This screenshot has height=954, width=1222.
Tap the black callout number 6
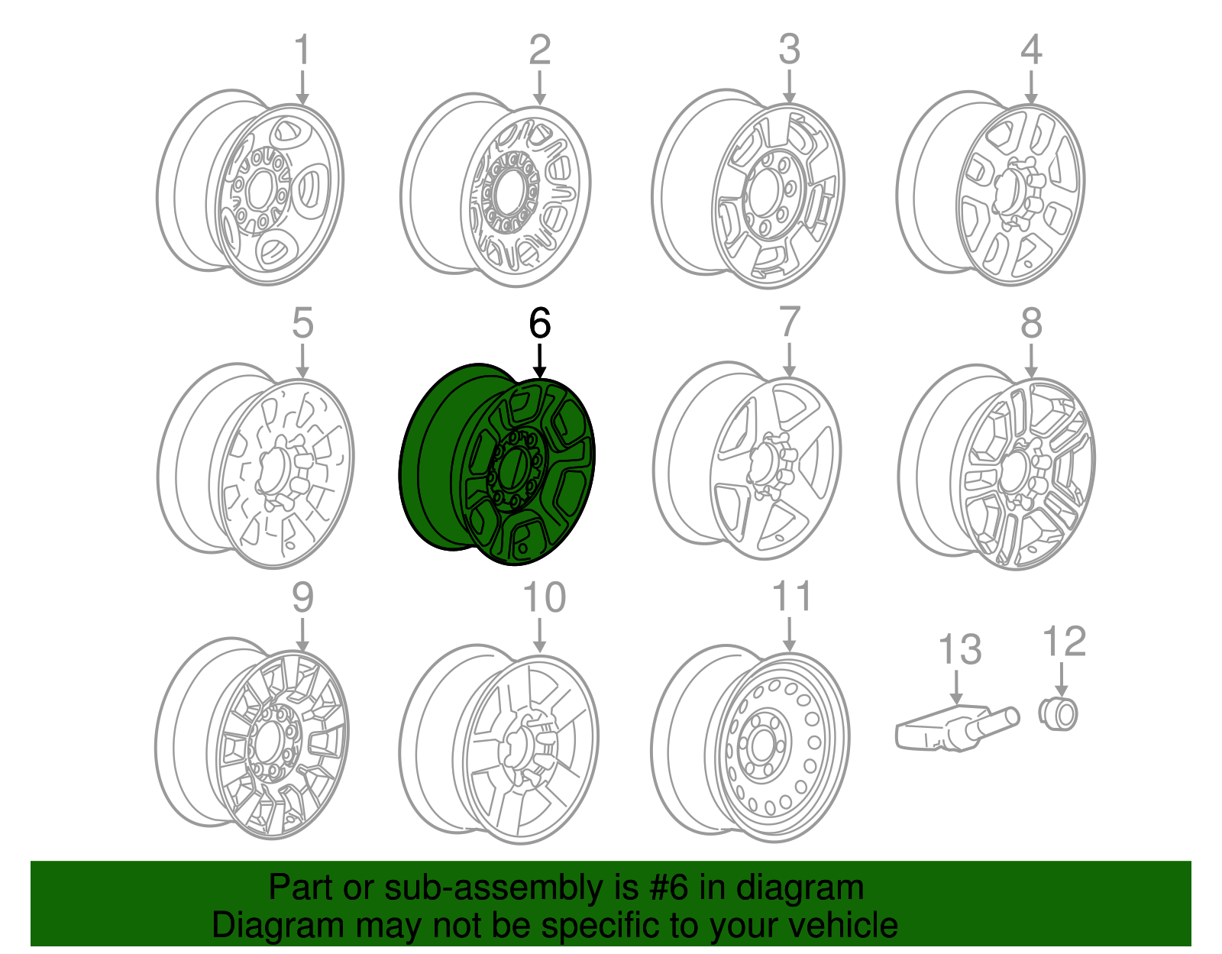point(539,323)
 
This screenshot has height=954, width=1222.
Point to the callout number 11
point(791,597)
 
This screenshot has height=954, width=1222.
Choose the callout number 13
point(959,649)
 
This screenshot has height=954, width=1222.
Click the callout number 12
point(1064,642)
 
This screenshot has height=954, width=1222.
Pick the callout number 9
point(302,597)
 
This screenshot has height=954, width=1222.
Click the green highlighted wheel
point(496,466)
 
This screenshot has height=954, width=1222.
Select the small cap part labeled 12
point(1059,714)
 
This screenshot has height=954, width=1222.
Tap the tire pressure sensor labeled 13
point(955,728)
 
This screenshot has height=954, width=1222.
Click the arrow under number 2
point(539,88)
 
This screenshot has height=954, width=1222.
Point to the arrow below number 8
point(1031,361)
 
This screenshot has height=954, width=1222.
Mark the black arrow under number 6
point(539,361)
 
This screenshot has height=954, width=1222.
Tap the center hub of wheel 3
point(765,195)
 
